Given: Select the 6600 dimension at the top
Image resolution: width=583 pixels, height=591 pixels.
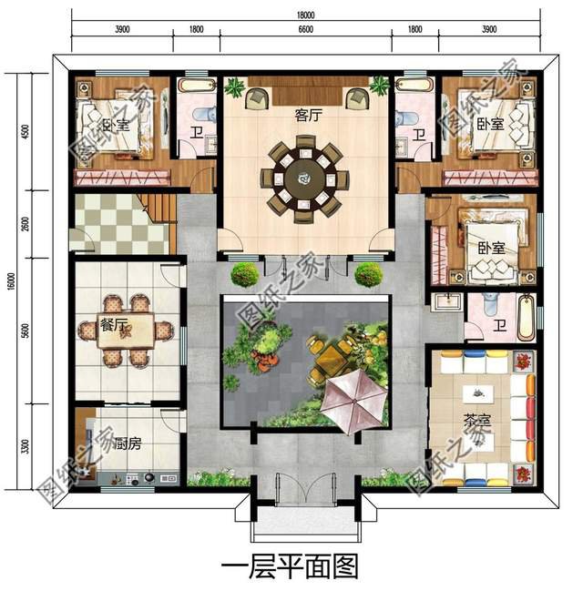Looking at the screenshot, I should point(304,28).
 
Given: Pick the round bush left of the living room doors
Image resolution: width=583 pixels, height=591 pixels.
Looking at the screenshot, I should point(242,274).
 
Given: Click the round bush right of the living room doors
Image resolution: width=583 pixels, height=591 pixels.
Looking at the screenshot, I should point(367,274).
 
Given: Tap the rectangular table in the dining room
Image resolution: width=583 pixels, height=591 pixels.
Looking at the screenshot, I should point(127,330).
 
